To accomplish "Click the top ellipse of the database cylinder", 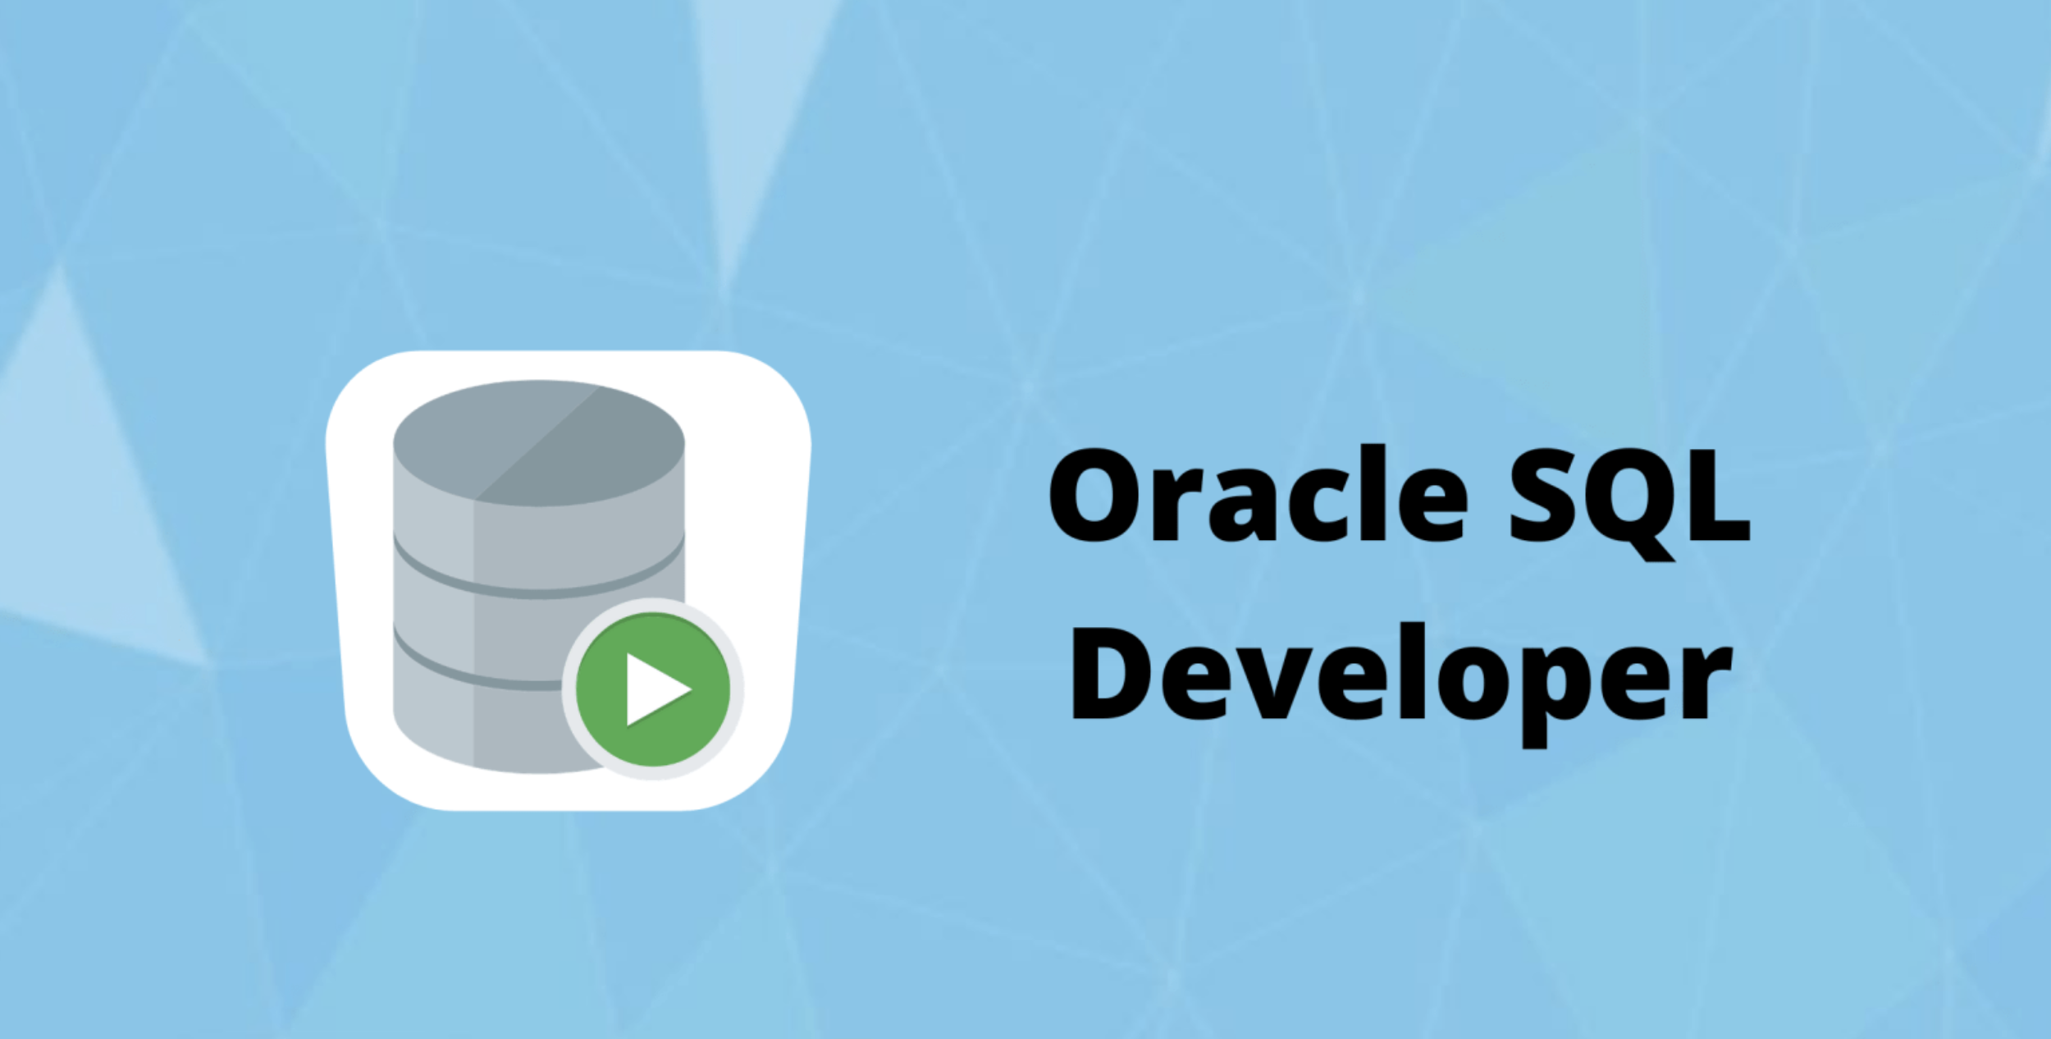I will pyautogui.click(x=538, y=443).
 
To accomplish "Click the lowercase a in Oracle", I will pyautogui.click(x=1240, y=506).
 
